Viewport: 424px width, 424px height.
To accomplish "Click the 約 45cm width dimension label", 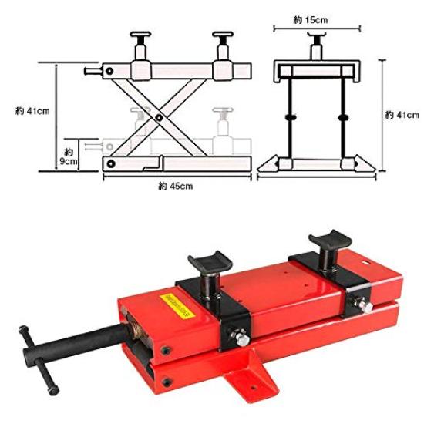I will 175,187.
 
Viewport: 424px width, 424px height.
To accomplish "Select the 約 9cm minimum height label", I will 69,156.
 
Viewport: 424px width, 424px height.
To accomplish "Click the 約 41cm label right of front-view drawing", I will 400,115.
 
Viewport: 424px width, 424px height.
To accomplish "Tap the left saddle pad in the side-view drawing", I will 143,36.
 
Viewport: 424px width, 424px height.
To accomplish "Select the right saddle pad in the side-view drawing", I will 222,36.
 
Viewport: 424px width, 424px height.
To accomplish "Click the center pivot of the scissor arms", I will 157,118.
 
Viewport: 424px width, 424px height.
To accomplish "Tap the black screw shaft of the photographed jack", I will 85,342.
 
